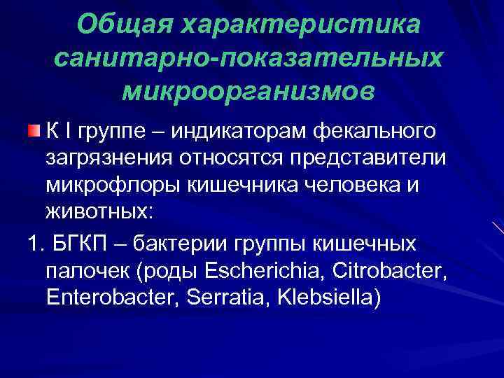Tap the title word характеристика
coord(301,25)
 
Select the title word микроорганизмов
coord(248,90)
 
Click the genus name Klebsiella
coord(329,297)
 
